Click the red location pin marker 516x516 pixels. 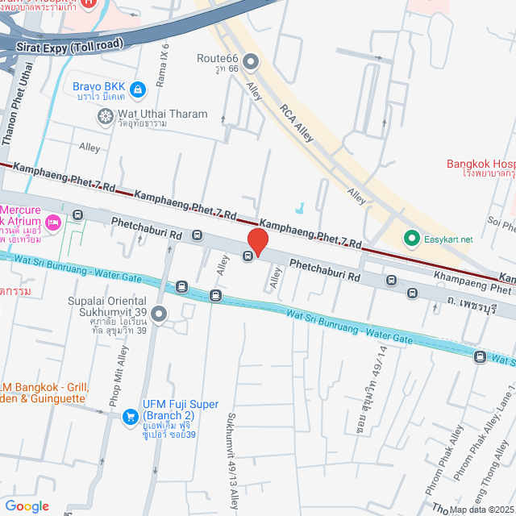257,240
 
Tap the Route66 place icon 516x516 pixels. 251,60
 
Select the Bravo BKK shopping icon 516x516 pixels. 138,87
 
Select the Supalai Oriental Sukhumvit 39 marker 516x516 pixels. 159,314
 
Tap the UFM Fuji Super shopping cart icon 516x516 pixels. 130,416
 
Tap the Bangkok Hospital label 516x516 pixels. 481,164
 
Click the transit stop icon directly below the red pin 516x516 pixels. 248,257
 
